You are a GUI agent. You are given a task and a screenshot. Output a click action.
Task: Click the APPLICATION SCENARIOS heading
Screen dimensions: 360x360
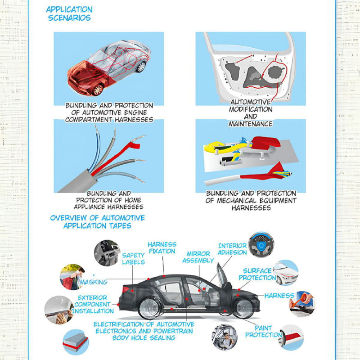tap(69, 13)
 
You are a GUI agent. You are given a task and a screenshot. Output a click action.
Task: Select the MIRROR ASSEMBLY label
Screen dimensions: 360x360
tap(198, 257)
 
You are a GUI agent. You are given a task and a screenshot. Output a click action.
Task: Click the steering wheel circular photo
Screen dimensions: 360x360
tap(261, 244)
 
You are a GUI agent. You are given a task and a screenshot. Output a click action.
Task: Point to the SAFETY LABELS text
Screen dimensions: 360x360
tap(133, 258)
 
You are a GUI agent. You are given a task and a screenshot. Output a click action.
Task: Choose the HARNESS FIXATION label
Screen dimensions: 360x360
tap(162, 248)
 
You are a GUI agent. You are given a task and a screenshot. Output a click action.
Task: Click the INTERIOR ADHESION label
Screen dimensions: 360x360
tap(232, 249)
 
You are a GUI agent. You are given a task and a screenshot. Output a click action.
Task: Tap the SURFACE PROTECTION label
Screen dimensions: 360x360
tap(257, 274)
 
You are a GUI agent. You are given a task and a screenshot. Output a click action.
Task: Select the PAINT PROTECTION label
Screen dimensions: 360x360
tap(263, 332)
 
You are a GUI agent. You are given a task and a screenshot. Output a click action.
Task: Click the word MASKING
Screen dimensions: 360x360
tap(94, 282)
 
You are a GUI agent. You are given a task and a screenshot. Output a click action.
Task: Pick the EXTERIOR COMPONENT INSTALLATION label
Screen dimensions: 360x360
tap(93, 305)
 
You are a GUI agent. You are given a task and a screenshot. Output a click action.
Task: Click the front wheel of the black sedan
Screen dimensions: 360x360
tap(244, 308)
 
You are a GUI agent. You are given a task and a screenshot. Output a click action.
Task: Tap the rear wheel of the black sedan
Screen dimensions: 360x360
tap(150, 308)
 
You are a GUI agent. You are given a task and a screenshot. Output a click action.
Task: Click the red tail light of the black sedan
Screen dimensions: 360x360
tap(126, 289)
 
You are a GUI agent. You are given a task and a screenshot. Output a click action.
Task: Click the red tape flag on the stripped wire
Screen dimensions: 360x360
tap(134, 145)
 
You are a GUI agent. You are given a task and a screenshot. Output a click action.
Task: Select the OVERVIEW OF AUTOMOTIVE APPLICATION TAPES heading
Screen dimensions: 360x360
tap(98, 222)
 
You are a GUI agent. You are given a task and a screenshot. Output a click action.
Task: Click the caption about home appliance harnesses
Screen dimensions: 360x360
tap(108, 200)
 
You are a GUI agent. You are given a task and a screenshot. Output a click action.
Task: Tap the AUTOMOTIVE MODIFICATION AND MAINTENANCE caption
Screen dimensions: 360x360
tap(251, 113)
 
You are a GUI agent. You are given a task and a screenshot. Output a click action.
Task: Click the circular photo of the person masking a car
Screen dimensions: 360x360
tap(72, 277)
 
